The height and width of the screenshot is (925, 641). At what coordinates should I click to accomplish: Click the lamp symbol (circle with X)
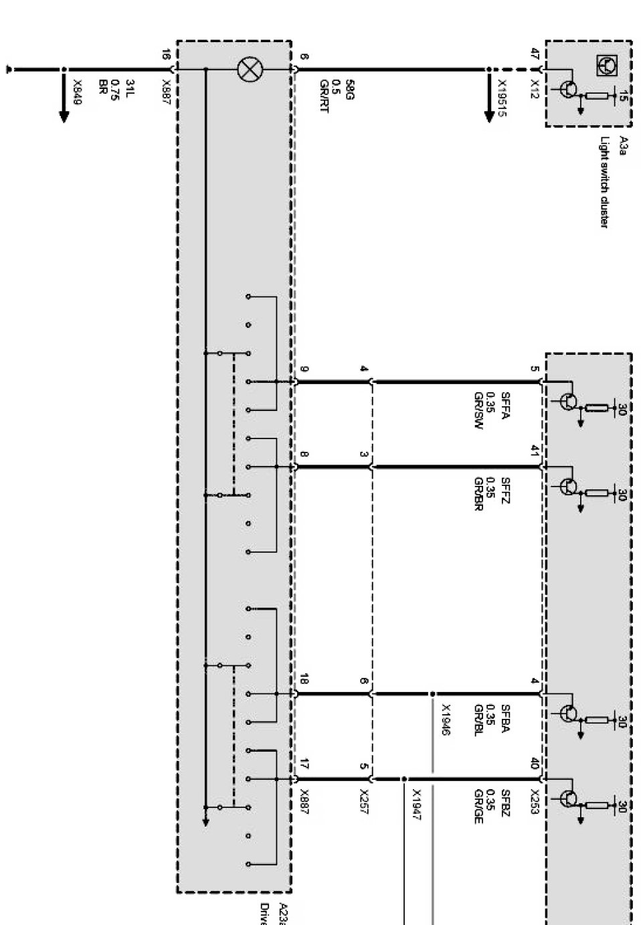pos(251,69)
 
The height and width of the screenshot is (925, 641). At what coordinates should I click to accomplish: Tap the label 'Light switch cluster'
pos(604,182)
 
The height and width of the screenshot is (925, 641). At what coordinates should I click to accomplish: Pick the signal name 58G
pos(349,89)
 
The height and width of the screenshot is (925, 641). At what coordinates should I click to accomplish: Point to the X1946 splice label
pos(446,720)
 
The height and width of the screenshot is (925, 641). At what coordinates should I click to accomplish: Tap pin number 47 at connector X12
pos(534,54)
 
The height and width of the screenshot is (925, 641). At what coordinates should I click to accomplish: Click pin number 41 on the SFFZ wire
pos(534,450)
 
